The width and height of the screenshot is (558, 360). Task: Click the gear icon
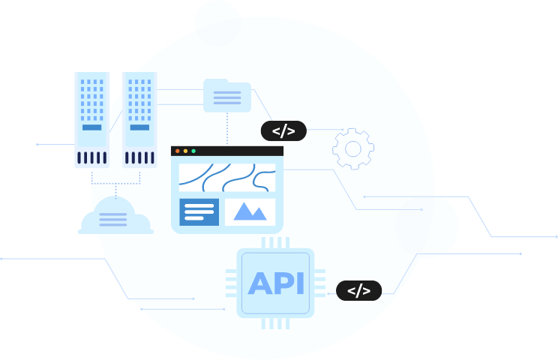point(352,148)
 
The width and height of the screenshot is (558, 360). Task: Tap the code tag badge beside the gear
point(283,131)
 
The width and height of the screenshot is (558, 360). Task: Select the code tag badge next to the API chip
point(358,290)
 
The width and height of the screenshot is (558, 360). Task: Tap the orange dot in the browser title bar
point(178,151)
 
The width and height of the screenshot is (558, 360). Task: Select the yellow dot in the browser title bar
point(185,151)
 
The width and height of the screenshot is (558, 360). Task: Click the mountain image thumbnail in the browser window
point(250,211)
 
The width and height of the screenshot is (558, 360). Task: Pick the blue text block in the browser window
point(199,211)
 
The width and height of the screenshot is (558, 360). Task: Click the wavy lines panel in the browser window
point(227,178)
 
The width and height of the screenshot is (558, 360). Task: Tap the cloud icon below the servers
point(115,217)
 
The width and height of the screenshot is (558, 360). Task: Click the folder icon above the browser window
point(226,96)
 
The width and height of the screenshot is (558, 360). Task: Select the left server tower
point(92,120)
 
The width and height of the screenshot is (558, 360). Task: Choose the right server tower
point(138,120)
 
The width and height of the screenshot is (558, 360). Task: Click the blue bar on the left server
point(91,127)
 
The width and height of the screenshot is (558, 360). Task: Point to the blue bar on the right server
point(138,127)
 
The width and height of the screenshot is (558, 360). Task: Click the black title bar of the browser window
point(232,151)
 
